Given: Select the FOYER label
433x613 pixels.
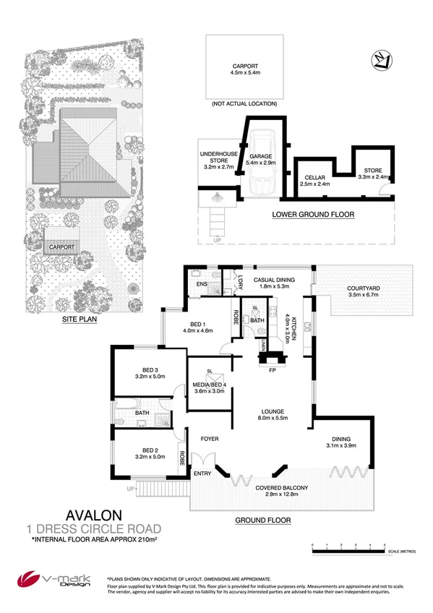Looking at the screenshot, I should point(209,439).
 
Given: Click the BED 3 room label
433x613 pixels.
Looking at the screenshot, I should point(146,372).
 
